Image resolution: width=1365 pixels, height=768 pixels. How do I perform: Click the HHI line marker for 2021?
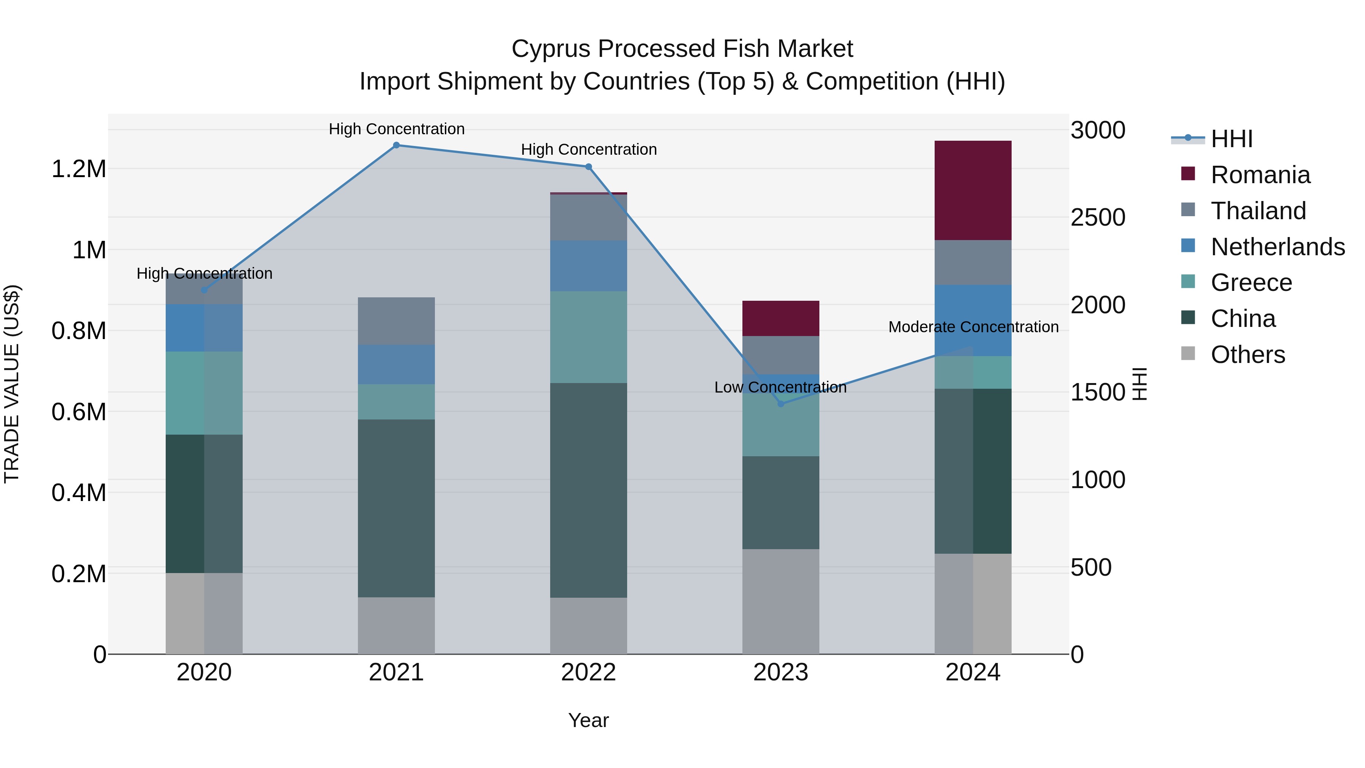[396, 145]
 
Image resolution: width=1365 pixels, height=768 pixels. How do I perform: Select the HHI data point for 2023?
[781, 404]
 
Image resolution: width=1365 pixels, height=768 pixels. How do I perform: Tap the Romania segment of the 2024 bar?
[973, 190]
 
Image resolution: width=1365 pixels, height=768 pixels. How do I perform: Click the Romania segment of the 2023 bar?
[781, 318]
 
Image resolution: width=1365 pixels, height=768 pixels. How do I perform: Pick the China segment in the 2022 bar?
[588, 490]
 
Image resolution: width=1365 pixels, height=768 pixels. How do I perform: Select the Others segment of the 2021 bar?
[396, 625]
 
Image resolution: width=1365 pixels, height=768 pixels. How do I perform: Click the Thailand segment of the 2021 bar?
[396, 321]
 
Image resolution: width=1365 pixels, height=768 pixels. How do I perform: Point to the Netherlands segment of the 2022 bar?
[588, 265]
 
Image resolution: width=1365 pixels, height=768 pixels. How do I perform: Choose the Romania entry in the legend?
[1260, 175]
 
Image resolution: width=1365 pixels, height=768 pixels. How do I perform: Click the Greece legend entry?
[1251, 283]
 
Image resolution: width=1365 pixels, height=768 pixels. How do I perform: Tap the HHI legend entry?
[1232, 139]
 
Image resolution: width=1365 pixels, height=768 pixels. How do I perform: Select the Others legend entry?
[1247, 355]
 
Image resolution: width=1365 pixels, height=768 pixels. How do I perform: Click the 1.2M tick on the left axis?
[78, 169]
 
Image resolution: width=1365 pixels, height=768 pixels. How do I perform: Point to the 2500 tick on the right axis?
[1097, 217]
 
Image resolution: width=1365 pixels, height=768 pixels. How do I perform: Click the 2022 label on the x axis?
[588, 672]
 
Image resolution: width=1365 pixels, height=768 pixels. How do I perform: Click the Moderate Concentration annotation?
[973, 327]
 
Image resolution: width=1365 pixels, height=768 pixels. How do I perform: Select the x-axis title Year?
[588, 720]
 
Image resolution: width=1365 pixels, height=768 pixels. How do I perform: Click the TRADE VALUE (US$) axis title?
[12, 384]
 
